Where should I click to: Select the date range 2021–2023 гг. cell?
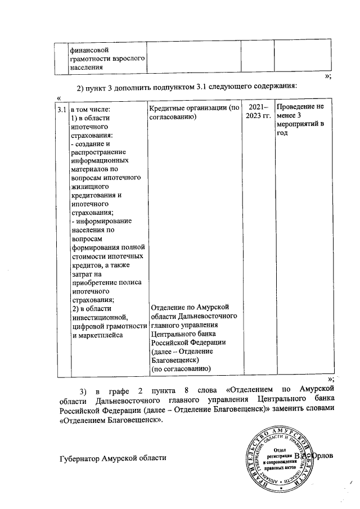pos(258,112)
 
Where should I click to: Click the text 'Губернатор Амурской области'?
pos(113,458)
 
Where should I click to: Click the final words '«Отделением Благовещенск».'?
pos(110,419)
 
